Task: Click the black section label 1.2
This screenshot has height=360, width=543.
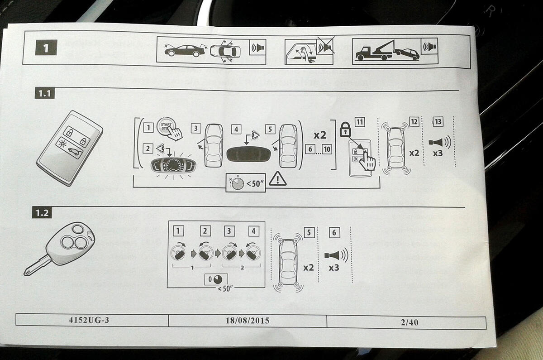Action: click(x=43, y=213)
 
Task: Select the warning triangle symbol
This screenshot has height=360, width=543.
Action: click(x=277, y=179)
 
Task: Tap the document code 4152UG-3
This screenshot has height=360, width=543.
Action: click(x=89, y=320)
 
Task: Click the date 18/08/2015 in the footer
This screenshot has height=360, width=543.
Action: click(x=247, y=321)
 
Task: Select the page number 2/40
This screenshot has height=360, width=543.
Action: click(x=410, y=322)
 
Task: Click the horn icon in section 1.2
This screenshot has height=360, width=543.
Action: click(x=335, y=255)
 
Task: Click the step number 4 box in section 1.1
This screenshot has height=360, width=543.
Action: click(x=236, y=129)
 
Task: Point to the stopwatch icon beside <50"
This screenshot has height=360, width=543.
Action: click(x=237, y=182)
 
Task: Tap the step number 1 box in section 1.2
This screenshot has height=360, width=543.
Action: click(x=179, y=231)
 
